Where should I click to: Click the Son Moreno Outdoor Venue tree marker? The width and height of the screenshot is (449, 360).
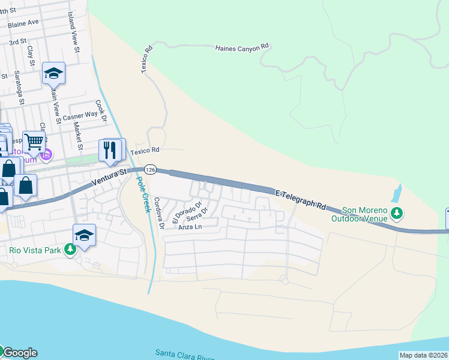click(396, 213)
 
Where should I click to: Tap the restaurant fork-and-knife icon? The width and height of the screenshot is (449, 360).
click(110, 150)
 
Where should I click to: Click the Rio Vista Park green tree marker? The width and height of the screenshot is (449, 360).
click(70, 250)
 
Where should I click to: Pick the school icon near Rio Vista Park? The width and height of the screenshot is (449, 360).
click(84, 235)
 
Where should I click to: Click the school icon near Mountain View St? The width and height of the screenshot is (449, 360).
click(53, 73)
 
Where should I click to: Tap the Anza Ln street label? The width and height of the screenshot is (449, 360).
click(189, 227)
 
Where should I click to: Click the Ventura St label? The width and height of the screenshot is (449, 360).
click(110, 177)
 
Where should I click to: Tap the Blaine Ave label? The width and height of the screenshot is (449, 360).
click(23, 22)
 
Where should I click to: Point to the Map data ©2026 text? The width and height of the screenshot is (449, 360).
click(423, 355)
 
